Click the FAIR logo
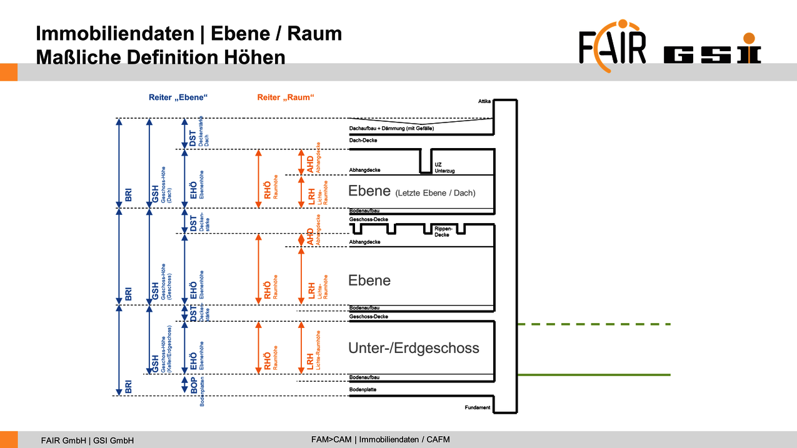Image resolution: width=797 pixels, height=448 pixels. point(612,47)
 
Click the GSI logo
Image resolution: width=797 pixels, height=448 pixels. point(712,55)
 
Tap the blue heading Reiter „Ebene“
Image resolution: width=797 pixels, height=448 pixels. point(178,97)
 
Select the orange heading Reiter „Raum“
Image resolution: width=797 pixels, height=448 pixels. point(285,97)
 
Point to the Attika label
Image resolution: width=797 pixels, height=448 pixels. point(484,101)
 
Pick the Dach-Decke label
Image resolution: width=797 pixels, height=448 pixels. point(363,141)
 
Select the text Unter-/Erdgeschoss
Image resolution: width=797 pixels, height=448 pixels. point(414,348)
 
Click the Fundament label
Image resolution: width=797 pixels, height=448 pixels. point(478,408)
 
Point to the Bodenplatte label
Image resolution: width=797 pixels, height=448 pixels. point(363,390)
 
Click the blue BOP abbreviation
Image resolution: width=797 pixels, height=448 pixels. point(194,385)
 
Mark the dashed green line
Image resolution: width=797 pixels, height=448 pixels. point(594,324)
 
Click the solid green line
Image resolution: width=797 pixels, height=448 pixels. point(594,375)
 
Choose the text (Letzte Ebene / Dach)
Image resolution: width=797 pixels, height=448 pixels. point(435,193)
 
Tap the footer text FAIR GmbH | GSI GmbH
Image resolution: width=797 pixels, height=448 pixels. point(88,440)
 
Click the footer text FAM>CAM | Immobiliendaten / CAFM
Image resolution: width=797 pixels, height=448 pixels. point(381,439)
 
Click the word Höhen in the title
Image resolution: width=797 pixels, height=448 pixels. point(254,57)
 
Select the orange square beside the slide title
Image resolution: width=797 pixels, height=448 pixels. point(8,72)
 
